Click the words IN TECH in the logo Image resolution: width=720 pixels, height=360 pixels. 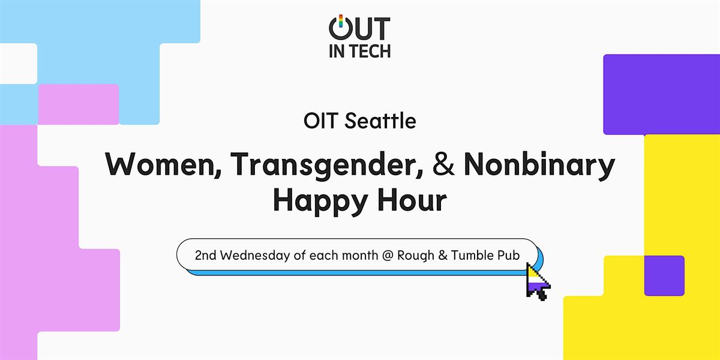click(x=359, y=52)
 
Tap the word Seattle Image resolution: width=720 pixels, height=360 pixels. click(x=380, y=121)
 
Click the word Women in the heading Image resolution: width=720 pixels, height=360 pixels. click(x=164, y=164)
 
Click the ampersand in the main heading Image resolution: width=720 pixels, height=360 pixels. click(x=443, y=164)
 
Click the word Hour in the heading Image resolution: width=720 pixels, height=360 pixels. click(x=412, y=200)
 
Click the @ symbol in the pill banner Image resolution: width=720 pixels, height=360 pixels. click(x=388, y=256)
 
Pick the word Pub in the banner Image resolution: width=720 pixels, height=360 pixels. click(x=509, y=255)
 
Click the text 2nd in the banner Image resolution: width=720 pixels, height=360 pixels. click(x=206, y=256)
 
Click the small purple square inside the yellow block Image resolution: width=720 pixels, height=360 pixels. click(x=664, y=276)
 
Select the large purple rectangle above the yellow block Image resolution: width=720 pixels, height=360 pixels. click(x=661, y=95)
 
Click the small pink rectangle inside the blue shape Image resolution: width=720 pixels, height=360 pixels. click(x=79, y=104)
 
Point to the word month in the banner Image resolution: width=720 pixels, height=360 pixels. click(x=359, y=256)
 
